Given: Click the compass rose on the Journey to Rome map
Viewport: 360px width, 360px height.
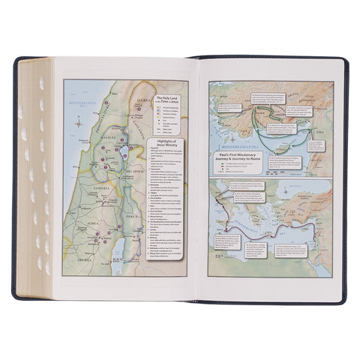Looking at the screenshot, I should tap(222, 262).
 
